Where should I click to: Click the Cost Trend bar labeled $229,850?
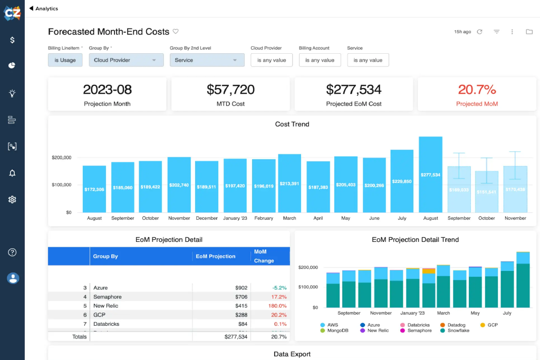[x=402, y=181]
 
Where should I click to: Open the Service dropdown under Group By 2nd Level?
[x=207, y=60]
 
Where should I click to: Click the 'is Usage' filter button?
[x=65, y=60]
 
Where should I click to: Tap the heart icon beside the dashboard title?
[x=176, y=32]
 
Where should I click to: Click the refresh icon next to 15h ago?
[x=479, y=32]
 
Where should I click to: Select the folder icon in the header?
[x=529, y=32]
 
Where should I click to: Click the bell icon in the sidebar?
[x=12, y=173]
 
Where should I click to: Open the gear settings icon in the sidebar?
[x=12, y=200]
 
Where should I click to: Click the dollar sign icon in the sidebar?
[x=12, y=40]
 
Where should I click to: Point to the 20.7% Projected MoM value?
[x=477, y=89]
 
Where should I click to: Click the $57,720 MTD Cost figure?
[x=230, y=90]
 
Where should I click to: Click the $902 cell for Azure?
[x=241, y=288]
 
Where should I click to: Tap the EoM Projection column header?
[x=216, y=256]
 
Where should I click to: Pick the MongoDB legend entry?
[x=337, y=330]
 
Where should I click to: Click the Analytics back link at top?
[x=44, y=8]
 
